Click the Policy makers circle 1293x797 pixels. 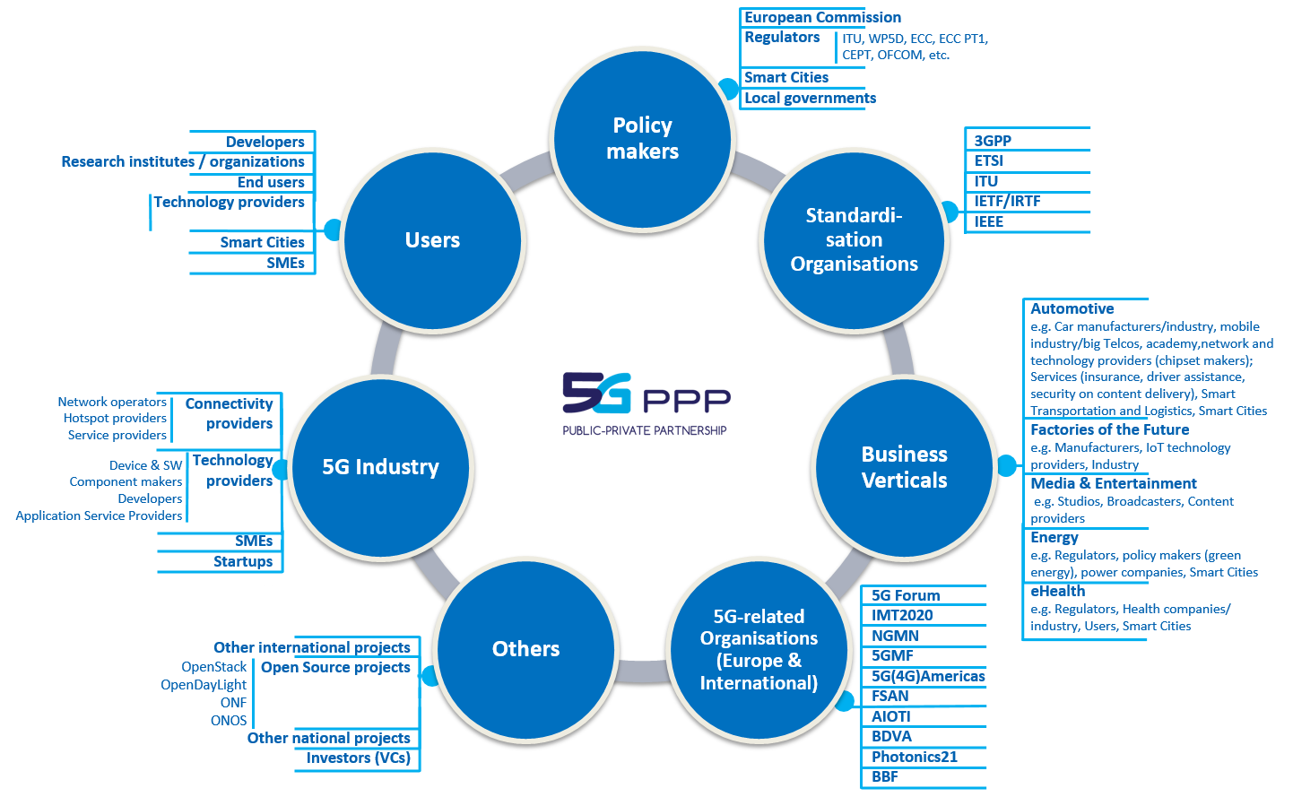point(642,139)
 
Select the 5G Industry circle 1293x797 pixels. point(381,467)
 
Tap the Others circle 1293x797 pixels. point(526,649)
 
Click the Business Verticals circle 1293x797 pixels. point(904,467)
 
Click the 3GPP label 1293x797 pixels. point(993,141)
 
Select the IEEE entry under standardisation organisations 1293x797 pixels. point(989,221)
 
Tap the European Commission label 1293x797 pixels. point(822,17)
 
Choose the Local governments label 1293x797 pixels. point(810,98)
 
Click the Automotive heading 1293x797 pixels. point(1072,308)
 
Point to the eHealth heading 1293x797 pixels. point(1057,591)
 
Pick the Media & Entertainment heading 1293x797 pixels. point(1113,483)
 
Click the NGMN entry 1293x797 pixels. point(895,636)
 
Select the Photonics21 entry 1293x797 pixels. point(915,757)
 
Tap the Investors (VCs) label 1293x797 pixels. point(358,758)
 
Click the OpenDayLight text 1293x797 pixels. point(204,685)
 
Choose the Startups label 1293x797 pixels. point(243,561)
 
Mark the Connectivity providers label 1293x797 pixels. point(230,413)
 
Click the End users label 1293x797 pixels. point(271,182)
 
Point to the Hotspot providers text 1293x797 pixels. point(115,418)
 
